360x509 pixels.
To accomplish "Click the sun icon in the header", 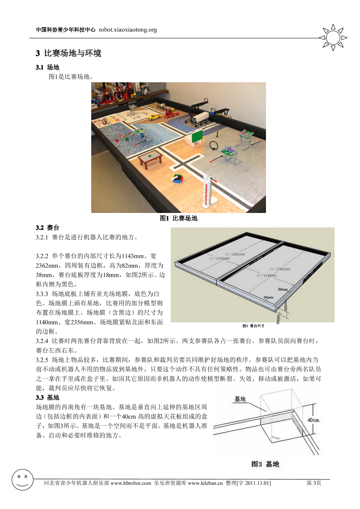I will point(333,38).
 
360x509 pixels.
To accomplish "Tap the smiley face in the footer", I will point(23,480).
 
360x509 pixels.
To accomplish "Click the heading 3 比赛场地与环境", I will point(69,53).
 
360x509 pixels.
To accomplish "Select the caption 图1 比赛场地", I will point(178,218).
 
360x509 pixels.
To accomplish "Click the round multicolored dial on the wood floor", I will point(176,179).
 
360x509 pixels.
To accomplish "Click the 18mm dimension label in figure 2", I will point(278,319).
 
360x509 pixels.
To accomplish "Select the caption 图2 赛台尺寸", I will point(253,325).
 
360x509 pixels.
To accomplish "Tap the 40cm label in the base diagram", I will point(313,420).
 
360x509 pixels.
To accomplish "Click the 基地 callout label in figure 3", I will point(240,399).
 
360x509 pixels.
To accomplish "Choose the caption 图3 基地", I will point(265,464).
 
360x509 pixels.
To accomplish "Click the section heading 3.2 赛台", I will point(48,228).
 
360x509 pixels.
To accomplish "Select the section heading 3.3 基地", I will point(48,398).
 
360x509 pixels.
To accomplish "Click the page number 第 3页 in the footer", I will point(314,483).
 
